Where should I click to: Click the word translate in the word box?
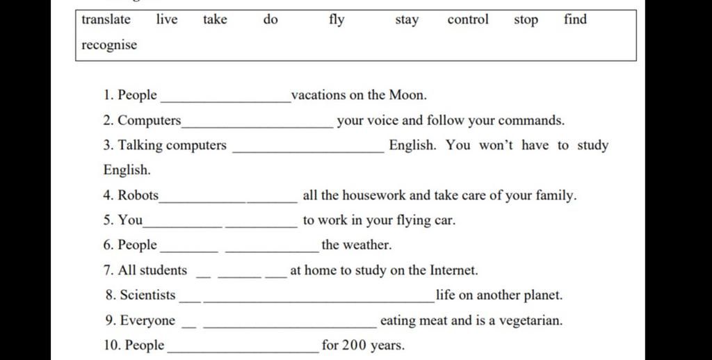pos(106,19)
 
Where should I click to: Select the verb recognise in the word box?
pos(109,45)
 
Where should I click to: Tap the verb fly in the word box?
pos(337,19)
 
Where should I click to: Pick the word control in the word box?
pos(468,19)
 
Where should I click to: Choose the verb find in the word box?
pos(575,19)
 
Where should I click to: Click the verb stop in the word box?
pos(526,19)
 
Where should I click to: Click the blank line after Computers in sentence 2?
pos(257,125)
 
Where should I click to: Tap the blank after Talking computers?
pos(307,150)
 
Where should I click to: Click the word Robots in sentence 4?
pos(139,195)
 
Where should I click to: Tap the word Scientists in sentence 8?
pos(147,295)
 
